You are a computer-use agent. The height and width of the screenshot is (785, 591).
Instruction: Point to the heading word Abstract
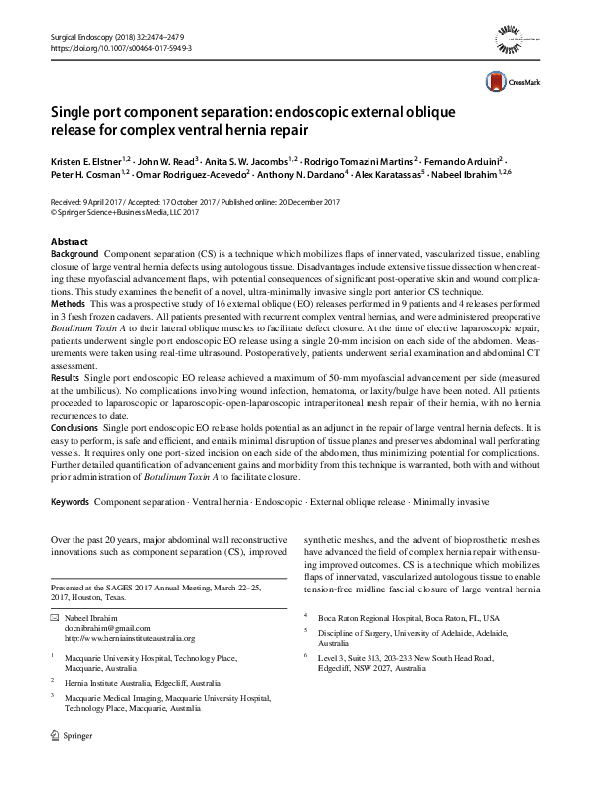click(69, 242)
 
